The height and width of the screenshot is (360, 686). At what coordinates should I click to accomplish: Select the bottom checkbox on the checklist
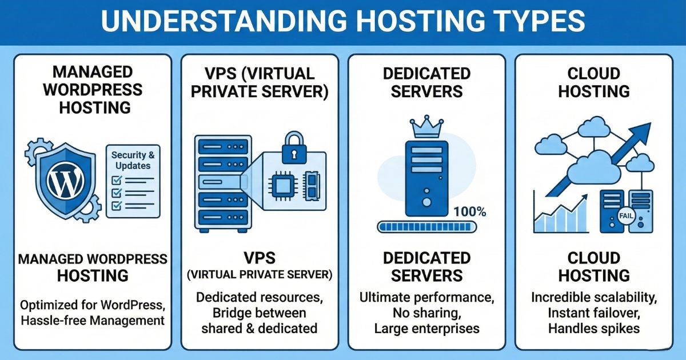click(117, 205)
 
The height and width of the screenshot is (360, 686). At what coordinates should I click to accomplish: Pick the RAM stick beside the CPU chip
click(312, 185)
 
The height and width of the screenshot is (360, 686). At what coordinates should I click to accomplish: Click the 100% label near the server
click(469, 212)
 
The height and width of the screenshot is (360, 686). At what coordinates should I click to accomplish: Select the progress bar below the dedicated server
click(426, 227)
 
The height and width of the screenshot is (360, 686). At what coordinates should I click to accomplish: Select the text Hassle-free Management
click(92, 321)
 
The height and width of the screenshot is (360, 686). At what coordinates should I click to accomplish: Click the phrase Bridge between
click(259, 313)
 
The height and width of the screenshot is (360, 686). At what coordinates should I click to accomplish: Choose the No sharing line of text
click(426, 313)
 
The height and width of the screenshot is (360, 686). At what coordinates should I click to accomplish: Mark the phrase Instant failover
click(593, 313)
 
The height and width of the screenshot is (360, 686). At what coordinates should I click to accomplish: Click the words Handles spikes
click(593, 328)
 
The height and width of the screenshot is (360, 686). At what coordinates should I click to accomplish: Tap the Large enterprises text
click(426, 328)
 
